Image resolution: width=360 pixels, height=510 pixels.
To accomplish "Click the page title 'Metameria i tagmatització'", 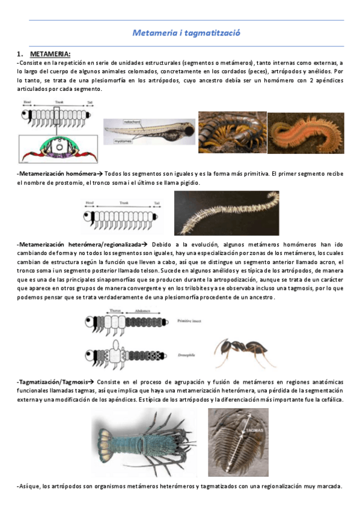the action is pyautogui.click(x=186, y=34).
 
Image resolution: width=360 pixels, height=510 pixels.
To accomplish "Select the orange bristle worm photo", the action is pyautogui.click(x=305, y=133).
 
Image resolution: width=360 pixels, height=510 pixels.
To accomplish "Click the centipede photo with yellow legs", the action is pyautogui.click(x=231, y=132).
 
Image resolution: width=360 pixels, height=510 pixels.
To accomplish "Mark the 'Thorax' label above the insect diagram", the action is pyautogui.click(x=115, y=312).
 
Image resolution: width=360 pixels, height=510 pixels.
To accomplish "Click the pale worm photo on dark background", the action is pyautogui.click(x=225, y=212).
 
